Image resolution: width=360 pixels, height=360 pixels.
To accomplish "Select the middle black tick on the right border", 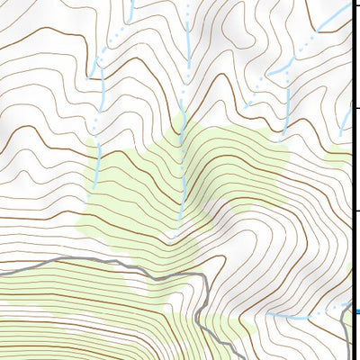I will (355, 109).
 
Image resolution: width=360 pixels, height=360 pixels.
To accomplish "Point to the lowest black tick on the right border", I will (355, 211).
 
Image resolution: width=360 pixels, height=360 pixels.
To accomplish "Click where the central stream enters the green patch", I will (182, 126).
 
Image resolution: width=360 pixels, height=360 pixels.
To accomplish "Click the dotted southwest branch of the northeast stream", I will (261, 86).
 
